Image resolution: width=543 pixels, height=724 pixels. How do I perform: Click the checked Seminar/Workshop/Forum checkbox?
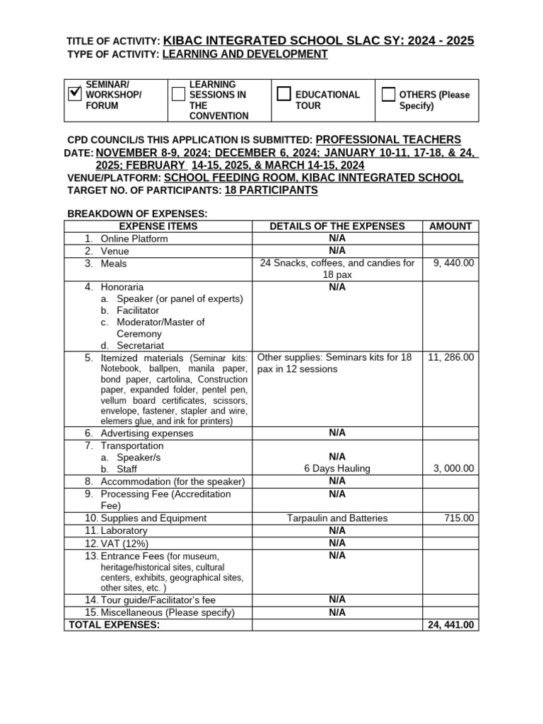point(75,95)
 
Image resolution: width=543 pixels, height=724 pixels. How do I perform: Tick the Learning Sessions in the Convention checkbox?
point(178,95)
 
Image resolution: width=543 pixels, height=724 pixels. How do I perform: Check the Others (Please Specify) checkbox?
point(388,95)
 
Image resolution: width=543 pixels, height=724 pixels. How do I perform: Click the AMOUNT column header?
point(450,226)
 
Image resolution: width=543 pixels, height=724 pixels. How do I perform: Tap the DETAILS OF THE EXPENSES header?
point(337,226)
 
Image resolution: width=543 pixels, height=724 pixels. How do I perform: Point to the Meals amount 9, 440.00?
point(453,263)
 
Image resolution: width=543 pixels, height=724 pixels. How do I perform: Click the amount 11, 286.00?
point(451,357)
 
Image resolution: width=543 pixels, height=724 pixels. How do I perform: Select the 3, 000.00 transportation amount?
point(452,469)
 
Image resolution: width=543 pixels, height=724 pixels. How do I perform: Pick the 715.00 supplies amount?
point(460,518)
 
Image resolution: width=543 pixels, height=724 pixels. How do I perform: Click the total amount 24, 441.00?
point(451,625)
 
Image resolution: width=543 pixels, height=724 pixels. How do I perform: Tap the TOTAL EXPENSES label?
point(114,625)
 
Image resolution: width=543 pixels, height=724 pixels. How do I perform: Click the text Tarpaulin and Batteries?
point(337,518)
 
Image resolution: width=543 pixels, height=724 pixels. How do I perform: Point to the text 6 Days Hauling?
point(337,469)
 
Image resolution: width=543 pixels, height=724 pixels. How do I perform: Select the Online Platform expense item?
point(134,238)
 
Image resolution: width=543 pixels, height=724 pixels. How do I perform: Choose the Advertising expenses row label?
point(146,433)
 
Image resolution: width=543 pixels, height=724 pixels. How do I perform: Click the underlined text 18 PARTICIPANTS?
point(271,191)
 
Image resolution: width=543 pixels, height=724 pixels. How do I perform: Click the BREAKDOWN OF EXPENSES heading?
point(137,214)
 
